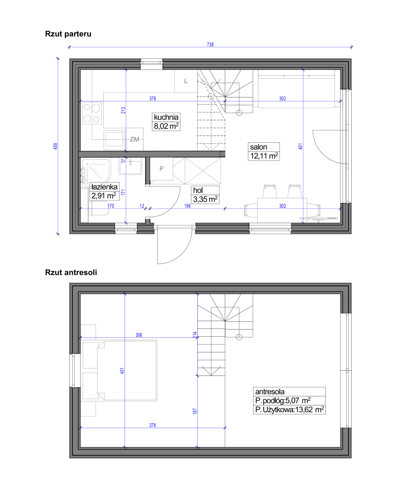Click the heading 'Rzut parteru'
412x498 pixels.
[x=68, y=34]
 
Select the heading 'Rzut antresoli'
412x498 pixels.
[x=71, y=272]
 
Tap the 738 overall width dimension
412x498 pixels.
[x=210, y=44]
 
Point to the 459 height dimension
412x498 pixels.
[x=55, y=146]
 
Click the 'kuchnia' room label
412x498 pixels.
[x=166, y=117]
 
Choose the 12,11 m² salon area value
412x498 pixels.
[x=264, y=156]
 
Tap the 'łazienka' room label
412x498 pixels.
[x=104, y=187]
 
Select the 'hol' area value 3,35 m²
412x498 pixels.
[x=205, y=199]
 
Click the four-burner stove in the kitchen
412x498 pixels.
[x=92, y=113]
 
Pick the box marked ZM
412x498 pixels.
[x=134, y=139]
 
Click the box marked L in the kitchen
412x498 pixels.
[x=186, y=81]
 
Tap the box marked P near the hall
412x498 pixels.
[x=161, y=169]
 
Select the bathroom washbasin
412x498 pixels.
[x=130, y=166]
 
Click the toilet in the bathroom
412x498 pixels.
[x=99, y=208]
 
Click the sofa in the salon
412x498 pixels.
[x=297, y=89]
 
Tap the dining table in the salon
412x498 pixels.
[x=282, y=210]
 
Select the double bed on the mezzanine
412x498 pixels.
[x=119, y=370]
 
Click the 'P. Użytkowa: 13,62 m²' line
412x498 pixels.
[x=290, y=410]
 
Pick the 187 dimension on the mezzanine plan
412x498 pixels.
[x=195, y=412]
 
